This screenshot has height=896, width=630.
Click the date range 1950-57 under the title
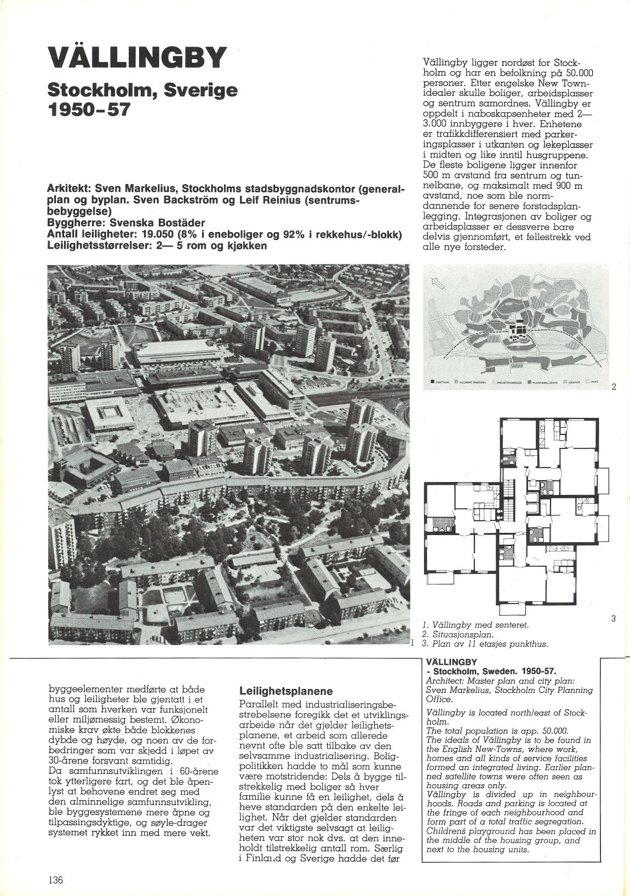click(89, 109)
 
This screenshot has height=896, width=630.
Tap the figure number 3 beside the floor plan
click(613, 619)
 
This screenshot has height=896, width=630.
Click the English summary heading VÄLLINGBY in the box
click(452, 661)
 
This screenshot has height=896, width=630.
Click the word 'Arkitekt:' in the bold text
click(70, 189)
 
